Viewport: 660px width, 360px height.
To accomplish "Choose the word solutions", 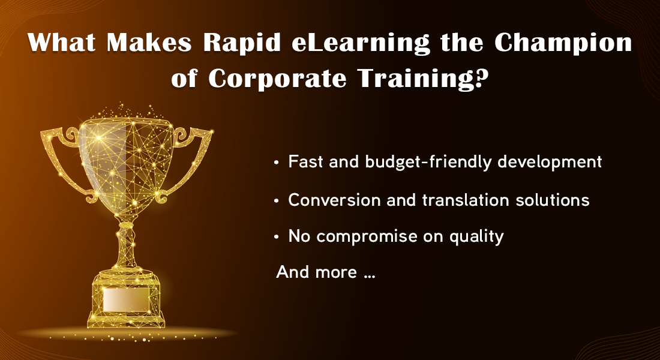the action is point(547,200).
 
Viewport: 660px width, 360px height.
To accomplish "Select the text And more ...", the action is point(317,272).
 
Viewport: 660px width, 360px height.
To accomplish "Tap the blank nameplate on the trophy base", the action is point(126,299).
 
